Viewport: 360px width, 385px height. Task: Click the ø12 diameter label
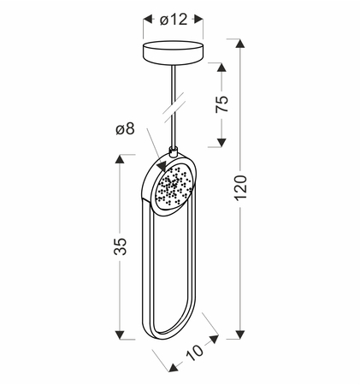pos(174,20)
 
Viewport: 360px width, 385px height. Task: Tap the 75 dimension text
pos(221,104)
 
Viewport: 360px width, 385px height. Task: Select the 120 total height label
pos(240,187)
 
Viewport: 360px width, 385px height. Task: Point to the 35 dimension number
pos(120,246)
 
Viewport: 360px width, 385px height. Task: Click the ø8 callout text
pos(125,129)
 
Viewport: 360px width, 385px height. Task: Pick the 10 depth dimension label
pos(195,352)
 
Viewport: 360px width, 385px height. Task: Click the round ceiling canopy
pos(173,53)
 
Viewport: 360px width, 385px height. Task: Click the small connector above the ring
pos(173,151)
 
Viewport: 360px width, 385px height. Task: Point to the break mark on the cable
pos(174,108)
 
